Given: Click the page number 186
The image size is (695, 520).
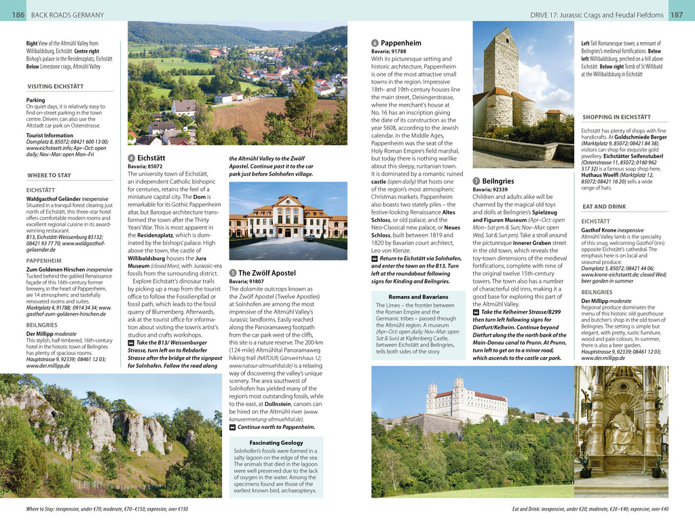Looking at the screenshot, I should tap(18, 15).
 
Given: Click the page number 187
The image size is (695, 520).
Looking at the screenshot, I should tap(677, 15).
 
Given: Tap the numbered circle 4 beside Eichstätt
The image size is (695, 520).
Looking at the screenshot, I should tap(132, 157).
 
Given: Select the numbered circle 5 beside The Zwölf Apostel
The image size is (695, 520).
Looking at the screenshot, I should tap(233, 273).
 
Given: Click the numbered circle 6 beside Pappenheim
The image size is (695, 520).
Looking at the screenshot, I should tap(375, 43).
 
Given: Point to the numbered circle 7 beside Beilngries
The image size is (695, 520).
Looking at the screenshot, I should tap(476, 181).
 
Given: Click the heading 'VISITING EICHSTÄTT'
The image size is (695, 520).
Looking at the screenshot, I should tap(56, 87).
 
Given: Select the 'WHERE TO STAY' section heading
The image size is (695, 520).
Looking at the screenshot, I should tap(49, 175).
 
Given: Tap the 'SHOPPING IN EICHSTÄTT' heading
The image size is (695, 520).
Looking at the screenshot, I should tap(616, 117).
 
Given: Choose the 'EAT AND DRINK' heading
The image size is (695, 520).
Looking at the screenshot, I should tap(604, 206).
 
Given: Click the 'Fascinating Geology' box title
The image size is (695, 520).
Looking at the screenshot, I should tap(276, 443).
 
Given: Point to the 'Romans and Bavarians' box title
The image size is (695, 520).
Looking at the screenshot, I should tap(418, 297).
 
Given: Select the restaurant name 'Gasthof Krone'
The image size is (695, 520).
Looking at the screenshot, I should tap(599, 230).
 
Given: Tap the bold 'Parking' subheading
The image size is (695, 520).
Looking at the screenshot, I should tap(35, 100).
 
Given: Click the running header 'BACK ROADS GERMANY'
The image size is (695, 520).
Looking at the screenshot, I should tap(68, 15).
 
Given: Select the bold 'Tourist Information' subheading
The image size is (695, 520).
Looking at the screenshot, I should tap(50, 136).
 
